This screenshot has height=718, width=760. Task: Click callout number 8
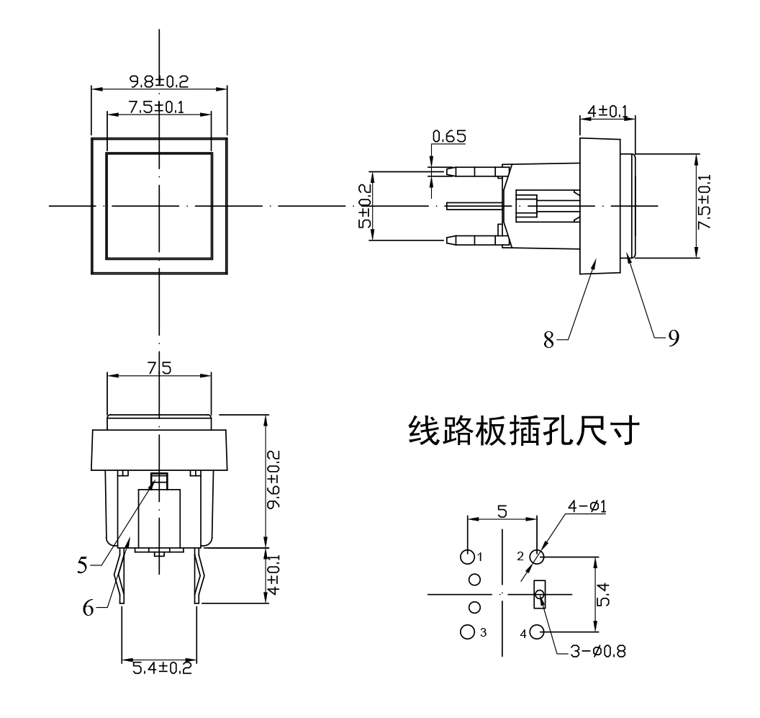[549, 340]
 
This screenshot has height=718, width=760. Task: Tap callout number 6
[87, 609]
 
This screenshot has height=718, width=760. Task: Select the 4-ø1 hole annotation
[587, 506]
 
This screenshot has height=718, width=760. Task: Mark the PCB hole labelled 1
[467, 557]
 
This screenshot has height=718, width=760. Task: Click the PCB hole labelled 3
[467, 632]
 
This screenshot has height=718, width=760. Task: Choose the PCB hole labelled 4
[537, 632]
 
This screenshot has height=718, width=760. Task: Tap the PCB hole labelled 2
[537, 557]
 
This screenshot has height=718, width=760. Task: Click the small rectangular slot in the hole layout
[539, 595]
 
